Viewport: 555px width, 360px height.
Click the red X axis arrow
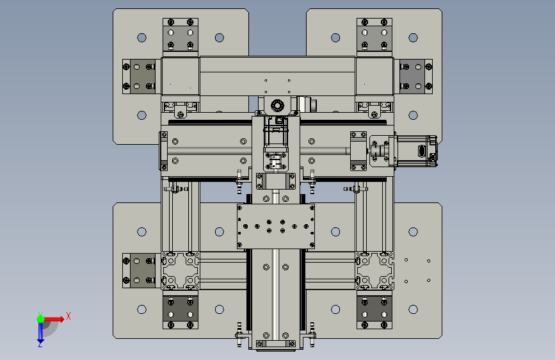(x=54, y=319)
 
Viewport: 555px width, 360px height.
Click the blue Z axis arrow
(x=40, y=333)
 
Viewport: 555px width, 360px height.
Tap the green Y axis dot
(x=40, y=319)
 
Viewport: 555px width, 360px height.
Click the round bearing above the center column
(x=277, y=105)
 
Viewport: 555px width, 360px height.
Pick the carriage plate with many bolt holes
(x=276, y=226)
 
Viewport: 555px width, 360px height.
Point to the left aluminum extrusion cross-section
(x=181, y=271)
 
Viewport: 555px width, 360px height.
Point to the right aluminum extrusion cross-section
(x=374, y=271)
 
